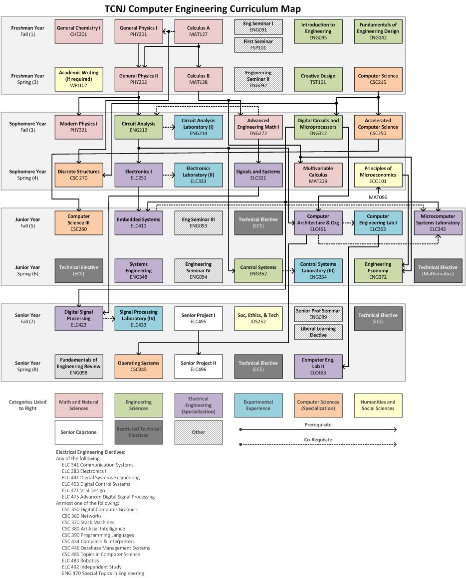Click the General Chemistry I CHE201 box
click(x=79, y=31)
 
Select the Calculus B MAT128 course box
click(x=199, y=79)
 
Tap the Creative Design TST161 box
click(x=318, y=79)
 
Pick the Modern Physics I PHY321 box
click(x=79, y=127)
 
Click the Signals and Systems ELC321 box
click(x=258, y=175)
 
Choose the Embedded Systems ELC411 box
click(x=139, y=223)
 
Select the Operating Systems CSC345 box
click(x=139, y=367)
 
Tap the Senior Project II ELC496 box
click(x=199, y=367)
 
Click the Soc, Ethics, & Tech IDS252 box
click(x=258, y=319)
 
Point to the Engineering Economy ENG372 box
click(x=378, y=271)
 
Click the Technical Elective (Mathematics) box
click(x=438, y=271)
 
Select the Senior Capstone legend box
click(x=79, y=432)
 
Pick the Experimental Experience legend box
click(x=258, y=405)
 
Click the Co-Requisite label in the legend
click(x=318, y=439)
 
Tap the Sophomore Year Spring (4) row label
click(x=28, y=175)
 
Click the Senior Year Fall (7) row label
click(x=28, y=319)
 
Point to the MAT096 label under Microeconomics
click(x=378, y=197)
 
